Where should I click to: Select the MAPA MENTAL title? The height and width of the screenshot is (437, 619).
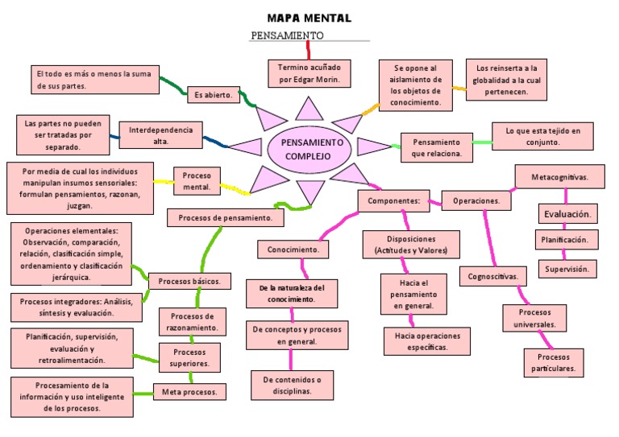tap(309, 18)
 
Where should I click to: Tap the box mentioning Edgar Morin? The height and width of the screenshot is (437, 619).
tap(309, 73)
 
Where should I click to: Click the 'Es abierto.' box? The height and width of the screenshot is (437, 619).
tap(214, 94)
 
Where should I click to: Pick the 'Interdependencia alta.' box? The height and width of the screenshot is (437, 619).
tap(160, 135)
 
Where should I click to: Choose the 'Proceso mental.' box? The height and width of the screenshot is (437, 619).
tap(197, 181)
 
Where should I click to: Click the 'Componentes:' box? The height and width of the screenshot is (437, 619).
tap(393, 200)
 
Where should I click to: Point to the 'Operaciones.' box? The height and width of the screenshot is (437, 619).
tap(476, 200)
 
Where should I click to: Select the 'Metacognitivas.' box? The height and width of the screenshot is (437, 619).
tap(559, 177)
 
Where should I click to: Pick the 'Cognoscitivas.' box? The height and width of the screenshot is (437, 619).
tap(493, 276)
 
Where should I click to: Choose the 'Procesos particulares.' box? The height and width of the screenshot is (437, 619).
tap(553, 363)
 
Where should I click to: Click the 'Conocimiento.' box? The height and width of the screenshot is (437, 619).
tap(293, 250)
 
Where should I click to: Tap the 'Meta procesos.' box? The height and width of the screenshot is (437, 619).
tap(189, 392)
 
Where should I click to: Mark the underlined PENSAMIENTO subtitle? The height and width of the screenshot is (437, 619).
tap(287, 35)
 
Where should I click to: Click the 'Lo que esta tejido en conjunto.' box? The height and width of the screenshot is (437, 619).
tap(542, 136)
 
